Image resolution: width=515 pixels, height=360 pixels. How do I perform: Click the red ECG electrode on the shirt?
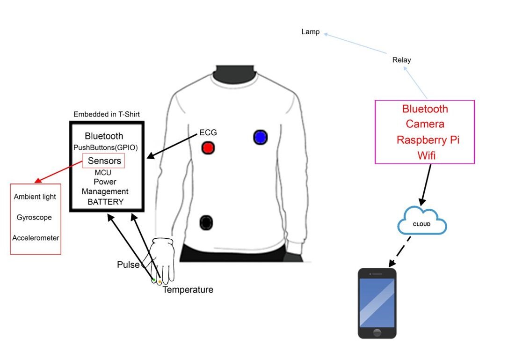pos(208,148)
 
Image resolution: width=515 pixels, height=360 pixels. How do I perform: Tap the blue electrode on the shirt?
pos(260,137)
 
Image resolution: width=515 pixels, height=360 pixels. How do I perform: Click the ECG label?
pos(209,133)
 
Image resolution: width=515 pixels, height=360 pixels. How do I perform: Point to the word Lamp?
pos(311,32)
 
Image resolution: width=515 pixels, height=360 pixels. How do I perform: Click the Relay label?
pos(402,60)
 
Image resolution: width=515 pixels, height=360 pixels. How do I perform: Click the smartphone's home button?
pos(377,333)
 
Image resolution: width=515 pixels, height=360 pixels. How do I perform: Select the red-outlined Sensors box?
pos(104,161)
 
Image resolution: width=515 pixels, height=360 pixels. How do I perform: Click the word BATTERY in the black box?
pos(106,202)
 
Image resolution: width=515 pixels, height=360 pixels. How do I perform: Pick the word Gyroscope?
pos(34,218)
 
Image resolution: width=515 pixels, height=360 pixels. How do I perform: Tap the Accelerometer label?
pos(36,238)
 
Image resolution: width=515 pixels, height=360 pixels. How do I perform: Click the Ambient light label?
pos(35,197)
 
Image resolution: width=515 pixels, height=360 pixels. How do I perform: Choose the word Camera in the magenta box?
pos(425,124)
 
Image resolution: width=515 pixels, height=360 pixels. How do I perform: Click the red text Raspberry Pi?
pos(425,140)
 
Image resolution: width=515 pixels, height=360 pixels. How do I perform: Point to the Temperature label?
pos(188,290)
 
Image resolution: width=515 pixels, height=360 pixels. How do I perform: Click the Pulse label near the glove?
pos(128,265)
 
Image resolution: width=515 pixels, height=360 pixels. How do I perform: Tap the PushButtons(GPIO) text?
pos(105,147)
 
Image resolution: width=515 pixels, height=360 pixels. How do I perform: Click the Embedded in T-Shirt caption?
pos(107,114)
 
